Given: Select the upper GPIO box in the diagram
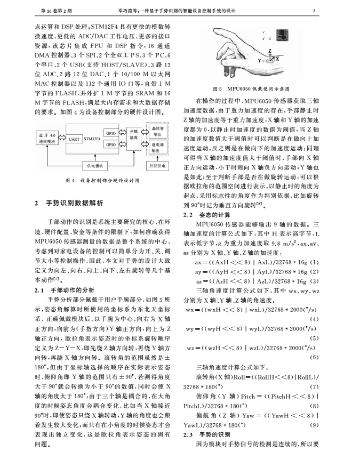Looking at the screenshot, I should pos(111,133).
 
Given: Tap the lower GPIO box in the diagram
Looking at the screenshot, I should pos(111,144).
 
